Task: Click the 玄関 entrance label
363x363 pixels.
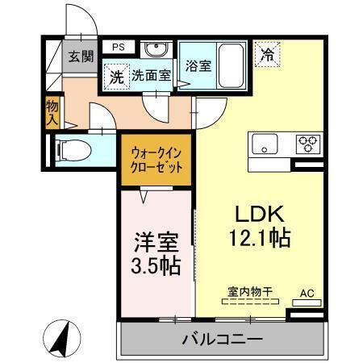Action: coord(79,56)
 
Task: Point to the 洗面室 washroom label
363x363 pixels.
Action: coord(151,77)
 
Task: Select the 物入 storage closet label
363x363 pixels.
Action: coord(52,111)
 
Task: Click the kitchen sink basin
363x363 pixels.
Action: coord(265,144)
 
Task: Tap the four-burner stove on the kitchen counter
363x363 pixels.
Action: coord(307,144)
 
